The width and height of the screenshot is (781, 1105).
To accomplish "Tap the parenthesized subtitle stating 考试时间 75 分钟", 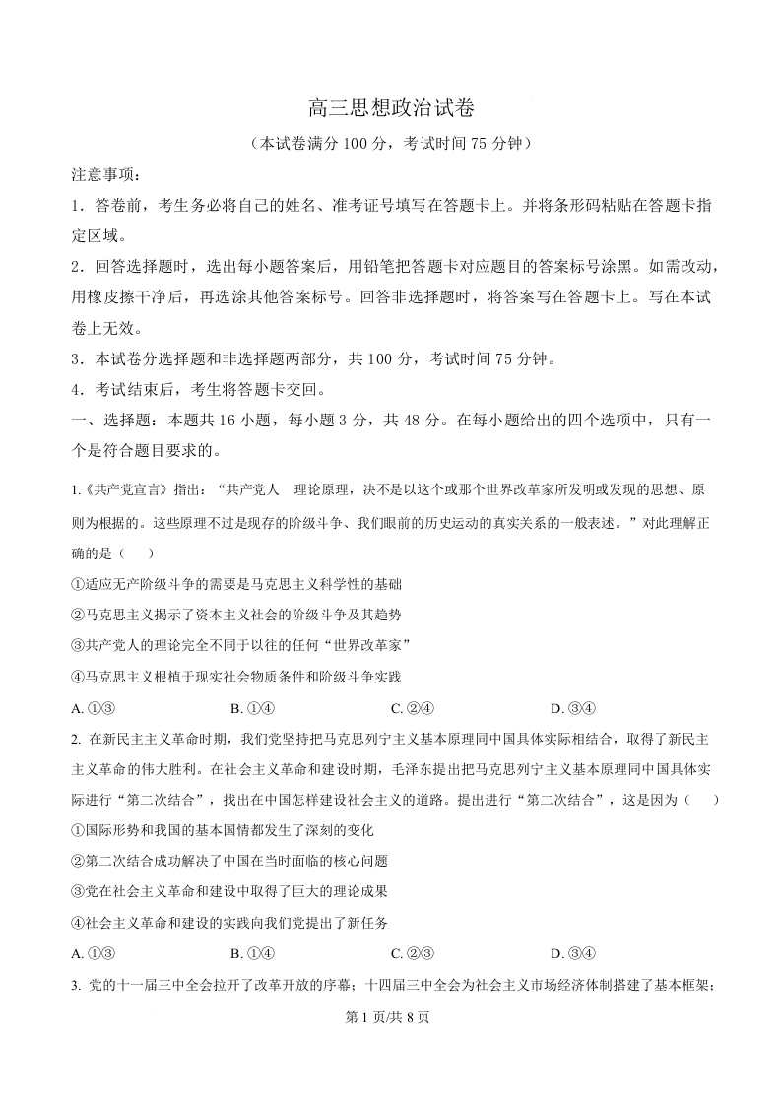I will (391, 144).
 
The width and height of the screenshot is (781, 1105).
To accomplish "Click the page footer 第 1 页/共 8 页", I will (391, 1018).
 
